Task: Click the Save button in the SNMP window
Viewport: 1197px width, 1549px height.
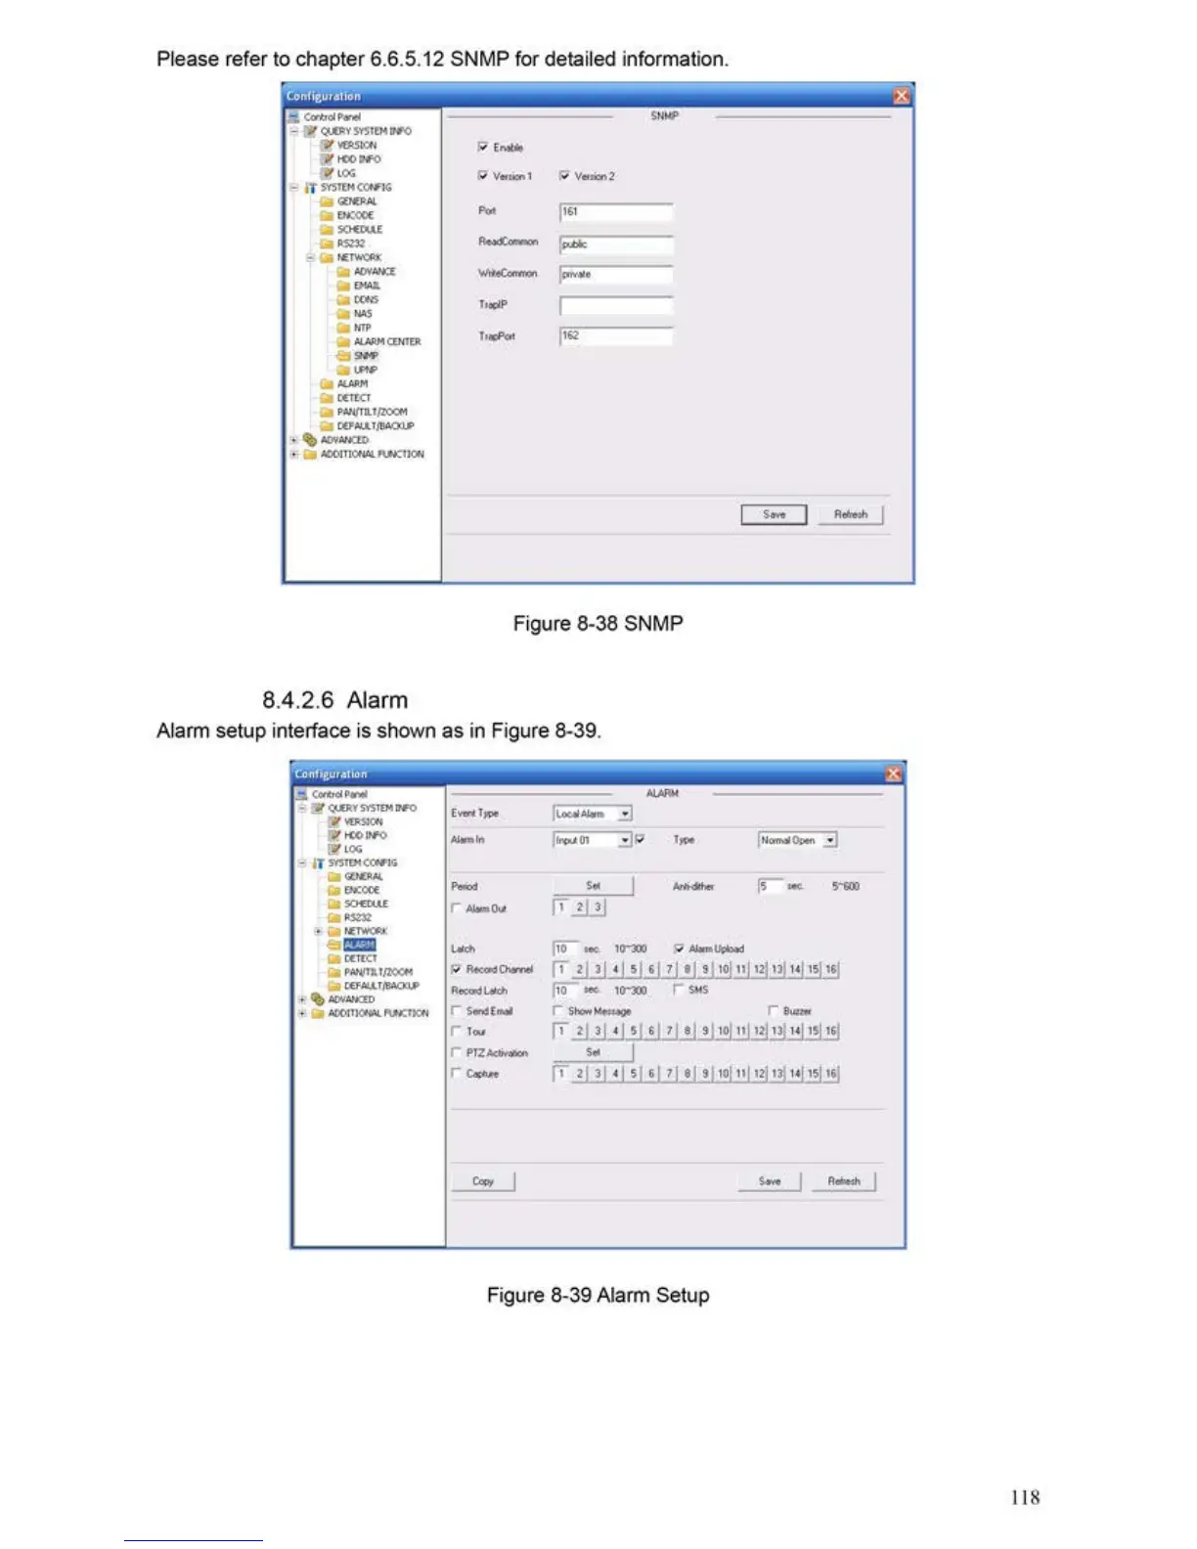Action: (774, 514)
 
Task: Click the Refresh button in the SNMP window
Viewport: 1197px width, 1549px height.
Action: (850, 514)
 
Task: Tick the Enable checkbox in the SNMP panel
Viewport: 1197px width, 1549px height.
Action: (483, 148)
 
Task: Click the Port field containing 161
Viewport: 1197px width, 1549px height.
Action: (615, 212)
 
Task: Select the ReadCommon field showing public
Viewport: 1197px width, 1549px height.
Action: (615, 244)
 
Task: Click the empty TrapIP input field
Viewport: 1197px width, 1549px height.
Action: (615, 306)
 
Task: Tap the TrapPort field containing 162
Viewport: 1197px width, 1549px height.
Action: (615, 336)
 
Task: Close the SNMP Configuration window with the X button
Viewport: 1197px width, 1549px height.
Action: (901, 96)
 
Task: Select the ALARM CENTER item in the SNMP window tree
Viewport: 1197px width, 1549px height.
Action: (386, 342)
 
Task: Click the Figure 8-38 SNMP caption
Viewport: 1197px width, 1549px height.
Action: (598, 624)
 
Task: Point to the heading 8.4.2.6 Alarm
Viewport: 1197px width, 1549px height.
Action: (334, 700)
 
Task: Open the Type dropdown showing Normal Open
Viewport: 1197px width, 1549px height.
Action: (829, 840)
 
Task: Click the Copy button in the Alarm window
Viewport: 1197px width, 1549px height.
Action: (483, 1181)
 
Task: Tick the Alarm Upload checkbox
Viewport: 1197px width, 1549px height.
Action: (680, 949)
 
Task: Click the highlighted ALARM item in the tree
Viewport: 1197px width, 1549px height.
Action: (359, 945)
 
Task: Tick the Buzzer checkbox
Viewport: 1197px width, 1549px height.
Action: (774, 1011)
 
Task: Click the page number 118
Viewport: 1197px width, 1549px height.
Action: (1025, 1497)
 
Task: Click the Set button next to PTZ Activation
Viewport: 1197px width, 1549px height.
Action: (593, 1052)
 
